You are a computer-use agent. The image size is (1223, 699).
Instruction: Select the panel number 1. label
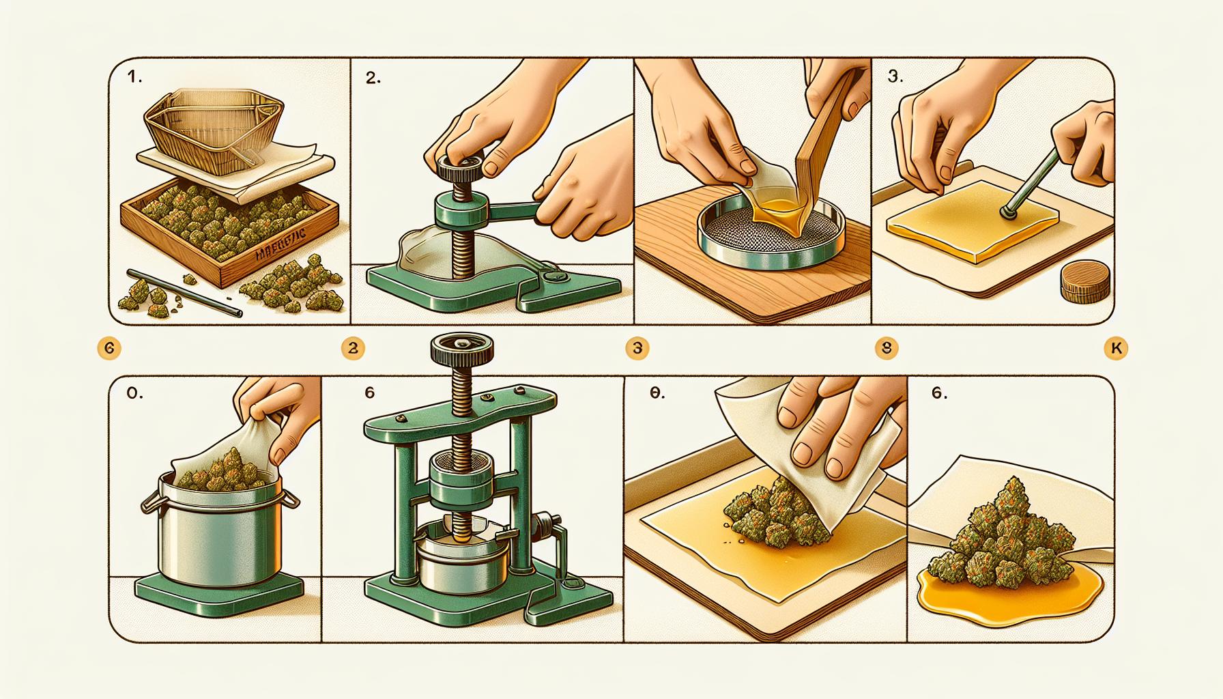135,79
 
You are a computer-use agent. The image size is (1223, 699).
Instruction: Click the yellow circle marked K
1115,349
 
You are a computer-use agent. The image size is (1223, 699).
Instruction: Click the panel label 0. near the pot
134,395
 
